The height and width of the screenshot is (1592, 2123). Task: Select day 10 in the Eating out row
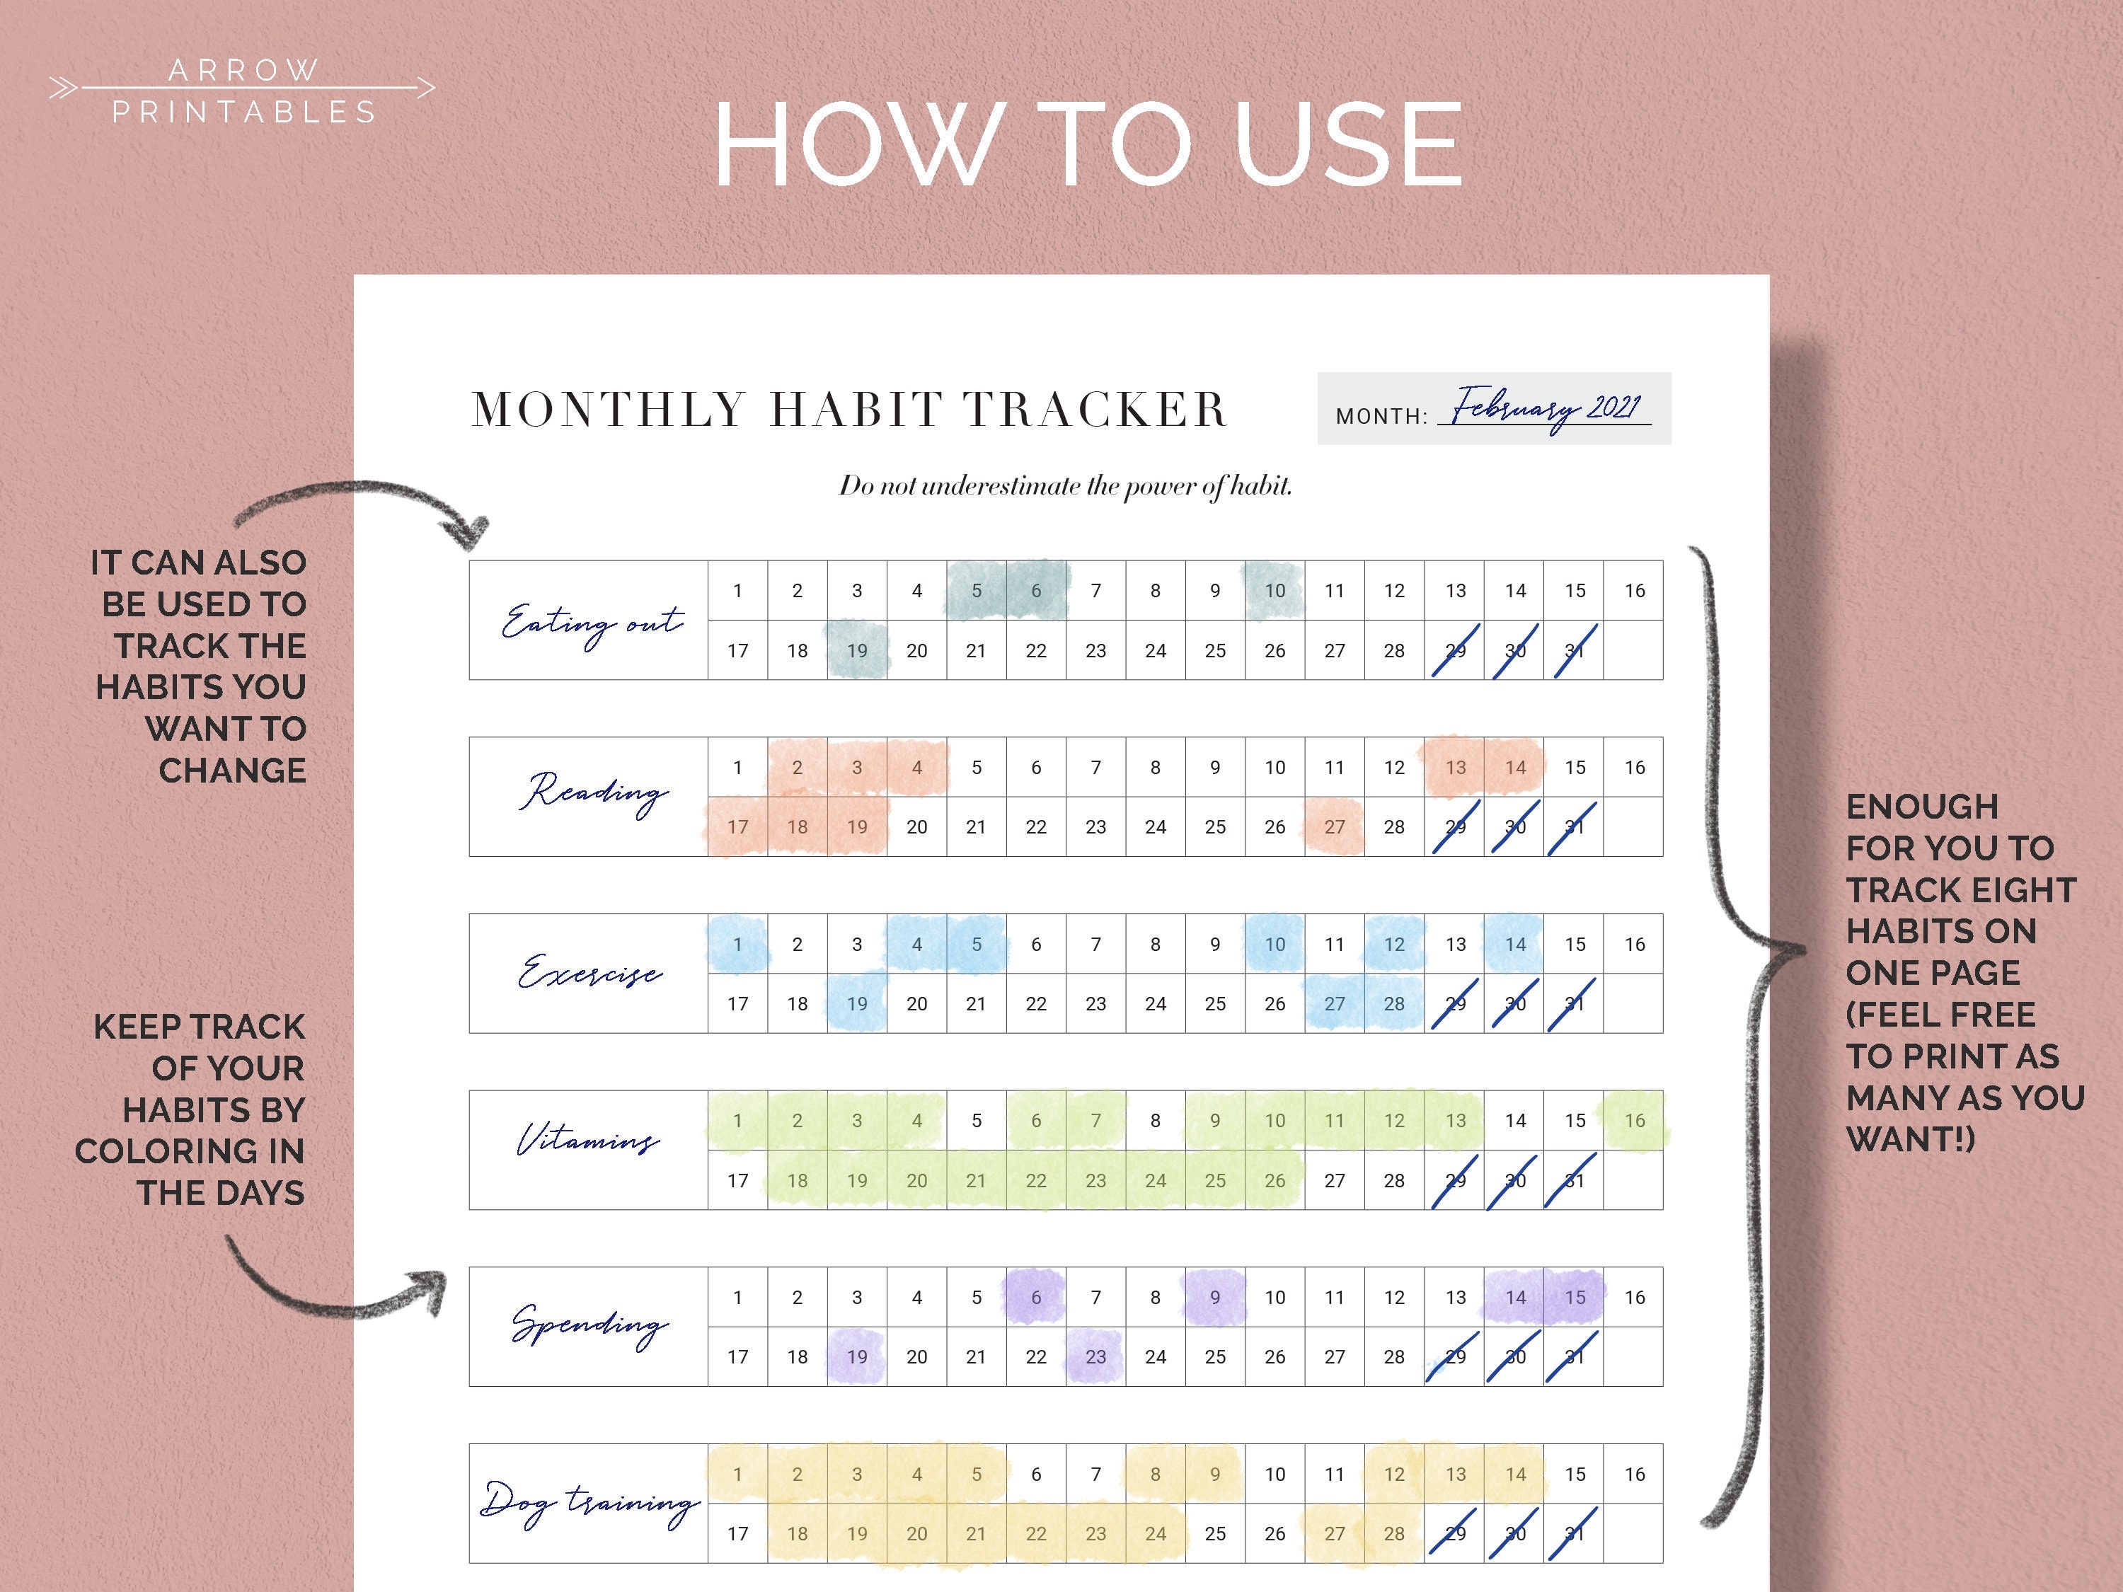(x=1275, y=591)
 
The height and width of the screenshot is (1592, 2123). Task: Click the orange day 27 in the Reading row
(x=1334, y=827)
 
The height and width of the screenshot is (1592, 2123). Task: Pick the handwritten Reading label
(x=592, y=792)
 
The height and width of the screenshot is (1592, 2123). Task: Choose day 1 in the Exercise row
(x=737, y=945)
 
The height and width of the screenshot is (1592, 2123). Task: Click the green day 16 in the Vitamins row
(x=1635, y=1121)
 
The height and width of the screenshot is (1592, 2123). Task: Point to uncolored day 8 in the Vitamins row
(x=1156, y=1121)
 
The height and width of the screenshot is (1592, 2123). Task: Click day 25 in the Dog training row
(x=1215, y=1533)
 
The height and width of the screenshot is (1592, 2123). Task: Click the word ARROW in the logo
(x=243, y=70)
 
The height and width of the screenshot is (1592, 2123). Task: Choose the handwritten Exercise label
(x=589, y=971)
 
